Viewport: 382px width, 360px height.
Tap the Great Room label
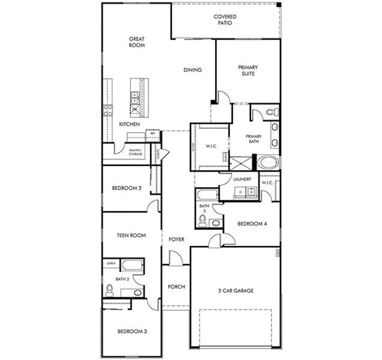coord(138,43)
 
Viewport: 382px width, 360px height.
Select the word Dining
coord(192,70)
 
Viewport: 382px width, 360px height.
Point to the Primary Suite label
coord(247,71)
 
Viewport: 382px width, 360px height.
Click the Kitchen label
coord(129,124)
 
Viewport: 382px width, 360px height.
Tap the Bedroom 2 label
coord(127,188)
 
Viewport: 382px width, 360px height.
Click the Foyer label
coord(176,239)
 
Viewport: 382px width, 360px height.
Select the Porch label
coord(176,287)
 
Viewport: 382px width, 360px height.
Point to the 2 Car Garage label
coord(235,291)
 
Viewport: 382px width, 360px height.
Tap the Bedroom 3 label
coord(132,332)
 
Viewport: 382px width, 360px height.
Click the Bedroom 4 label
coord(252,224)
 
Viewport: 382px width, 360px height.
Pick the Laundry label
coord(242,179)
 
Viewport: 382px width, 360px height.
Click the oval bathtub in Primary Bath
coord(268,163)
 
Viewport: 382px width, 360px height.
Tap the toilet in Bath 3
coord(203,222)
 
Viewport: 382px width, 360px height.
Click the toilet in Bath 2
coord(109,290)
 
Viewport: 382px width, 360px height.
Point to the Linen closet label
coord(111,263)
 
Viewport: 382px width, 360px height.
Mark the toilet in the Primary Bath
coord(270,112)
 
